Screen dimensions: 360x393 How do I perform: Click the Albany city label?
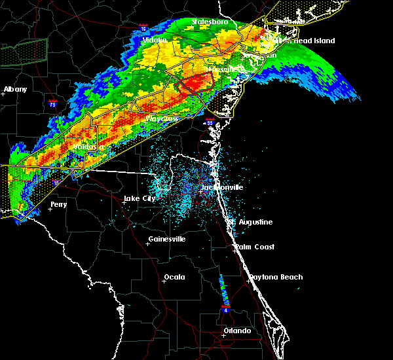click(16, 89)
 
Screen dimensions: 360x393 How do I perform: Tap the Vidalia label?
click(155, 40)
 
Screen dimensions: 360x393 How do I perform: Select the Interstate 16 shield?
click(143, 29)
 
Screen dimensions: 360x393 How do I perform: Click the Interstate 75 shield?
click(52, 103)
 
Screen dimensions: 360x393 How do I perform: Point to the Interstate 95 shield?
click(210, 122)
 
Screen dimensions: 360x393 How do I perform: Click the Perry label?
click(58, 204)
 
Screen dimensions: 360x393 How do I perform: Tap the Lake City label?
click(140, 198)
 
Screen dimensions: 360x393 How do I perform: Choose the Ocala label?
click(174, 277)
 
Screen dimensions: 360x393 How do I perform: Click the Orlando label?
click(237, 331)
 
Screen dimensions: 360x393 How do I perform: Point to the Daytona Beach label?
click(275, 277)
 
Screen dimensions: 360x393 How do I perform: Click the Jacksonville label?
click(222, 187)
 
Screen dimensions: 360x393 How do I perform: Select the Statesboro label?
click(210, 22)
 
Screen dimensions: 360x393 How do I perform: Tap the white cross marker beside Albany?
click(3, 94)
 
